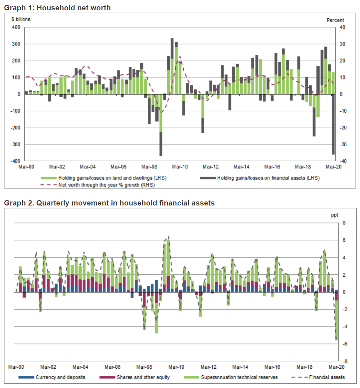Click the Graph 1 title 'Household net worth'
pyautogui.click(x=57, y=8)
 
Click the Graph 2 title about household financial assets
pyautogui.click(x=109, y=203)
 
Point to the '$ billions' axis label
pyautogui.click(x=21, y=19)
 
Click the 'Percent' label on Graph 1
pyautogui.click(x=335, y=20)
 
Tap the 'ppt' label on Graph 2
pyautogui.click(x=334, y=215)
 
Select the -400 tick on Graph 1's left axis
pyautogui.click(x=16, y=161)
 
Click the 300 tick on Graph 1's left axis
pyautogui.click(x=16, y=44)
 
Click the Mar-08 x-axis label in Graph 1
pyautogui.click(x=149, y=167)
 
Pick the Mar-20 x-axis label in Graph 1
pyautogui.click(x=333, y=167)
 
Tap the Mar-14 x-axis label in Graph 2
pyautogui.click(x=240, y=367)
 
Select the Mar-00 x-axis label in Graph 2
pyautogui.click(x=16, y=367)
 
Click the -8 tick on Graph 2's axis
pyautogui.click(x=345, y=361)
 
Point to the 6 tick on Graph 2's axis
pyautogui.click(x=344, y=240)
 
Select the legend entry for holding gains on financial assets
pyautogui.click(x=268, y=178)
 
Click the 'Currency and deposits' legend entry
pyautogui.click(x=60, y=377)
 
